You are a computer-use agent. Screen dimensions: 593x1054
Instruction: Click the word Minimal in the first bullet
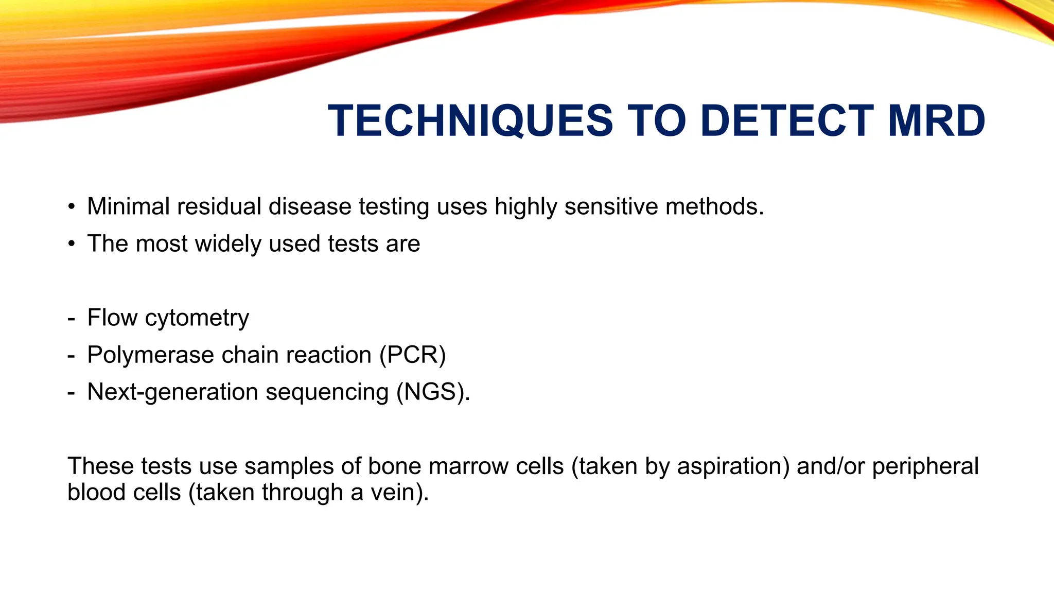pyautogui.click(x=128, y=206)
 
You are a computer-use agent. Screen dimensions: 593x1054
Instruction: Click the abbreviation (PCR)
pyautogui.click(x=412, y=355)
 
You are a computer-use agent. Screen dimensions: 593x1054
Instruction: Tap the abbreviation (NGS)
pyautogui.click(x=432, y=392)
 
